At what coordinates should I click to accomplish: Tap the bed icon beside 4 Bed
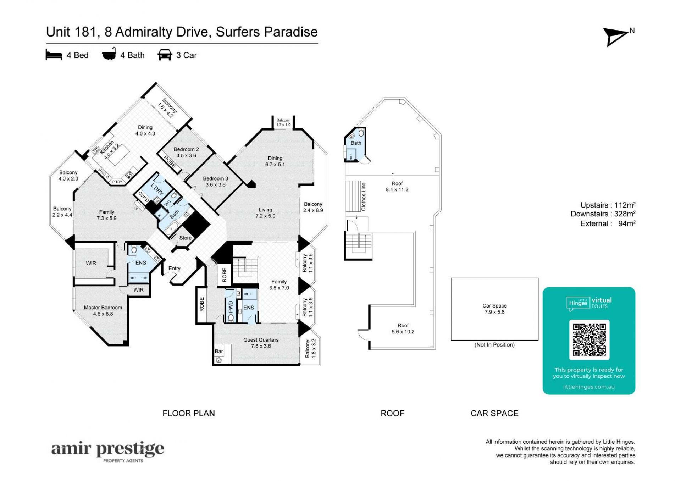pos(54,55)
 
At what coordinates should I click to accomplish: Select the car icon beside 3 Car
pos(165,55)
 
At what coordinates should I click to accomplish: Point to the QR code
pos(589,339)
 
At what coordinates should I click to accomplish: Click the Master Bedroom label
pos(103,311)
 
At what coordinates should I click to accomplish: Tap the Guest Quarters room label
pos(261,343)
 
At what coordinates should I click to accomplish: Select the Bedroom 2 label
pos(186,153)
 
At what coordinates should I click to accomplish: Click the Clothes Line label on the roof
pos(363,197)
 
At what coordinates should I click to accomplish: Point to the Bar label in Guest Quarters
pos(219,352)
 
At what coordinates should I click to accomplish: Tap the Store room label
pos(185,238)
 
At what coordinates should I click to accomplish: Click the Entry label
pos(174,269)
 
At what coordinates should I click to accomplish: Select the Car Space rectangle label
pos(494,309)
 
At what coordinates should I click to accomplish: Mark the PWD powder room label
pos(231,307)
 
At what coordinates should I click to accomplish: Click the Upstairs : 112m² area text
pos(608,205)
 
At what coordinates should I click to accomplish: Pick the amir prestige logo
pos(108,451)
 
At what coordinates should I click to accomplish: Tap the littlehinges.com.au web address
pos(589,387)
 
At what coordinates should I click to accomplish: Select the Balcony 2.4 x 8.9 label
pos(313,208)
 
